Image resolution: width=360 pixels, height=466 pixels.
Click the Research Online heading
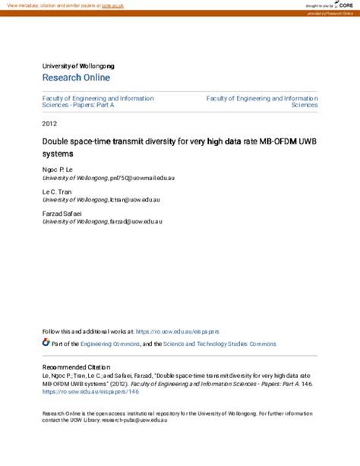tap(76, 78)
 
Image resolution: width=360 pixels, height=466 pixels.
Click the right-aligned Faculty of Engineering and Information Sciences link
tap(263, 102)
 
